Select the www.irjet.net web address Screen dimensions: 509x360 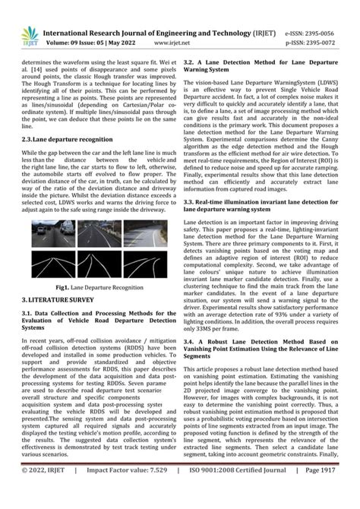point(175,43)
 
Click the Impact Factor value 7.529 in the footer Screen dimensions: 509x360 point(129,492)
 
